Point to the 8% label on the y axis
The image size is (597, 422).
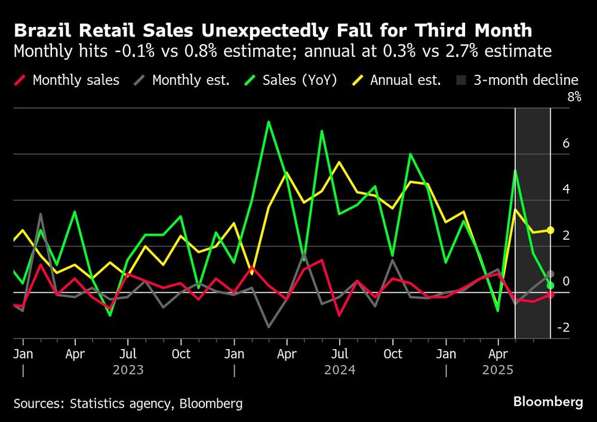click(574, 97)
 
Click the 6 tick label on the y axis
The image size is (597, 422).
click(566, 143)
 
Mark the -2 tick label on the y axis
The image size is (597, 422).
click(564, 328)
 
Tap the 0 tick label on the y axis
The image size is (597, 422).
click(566, 282)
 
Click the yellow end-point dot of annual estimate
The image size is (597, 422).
click(550, 230)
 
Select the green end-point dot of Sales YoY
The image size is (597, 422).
click(550, 285)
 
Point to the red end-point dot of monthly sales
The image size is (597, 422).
click(550, 295)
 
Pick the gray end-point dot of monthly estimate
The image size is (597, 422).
click(550, 274)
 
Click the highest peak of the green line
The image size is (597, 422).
click(269, 122)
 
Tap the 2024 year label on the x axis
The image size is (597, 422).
click(340, 370)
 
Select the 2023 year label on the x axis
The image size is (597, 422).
click(128, 370)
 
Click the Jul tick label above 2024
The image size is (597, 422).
click(340, 354)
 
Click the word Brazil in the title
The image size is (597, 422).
click(39, 30)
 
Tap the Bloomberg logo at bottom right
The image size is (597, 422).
click(548, 402)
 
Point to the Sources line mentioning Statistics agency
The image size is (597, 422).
click(128, 403)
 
